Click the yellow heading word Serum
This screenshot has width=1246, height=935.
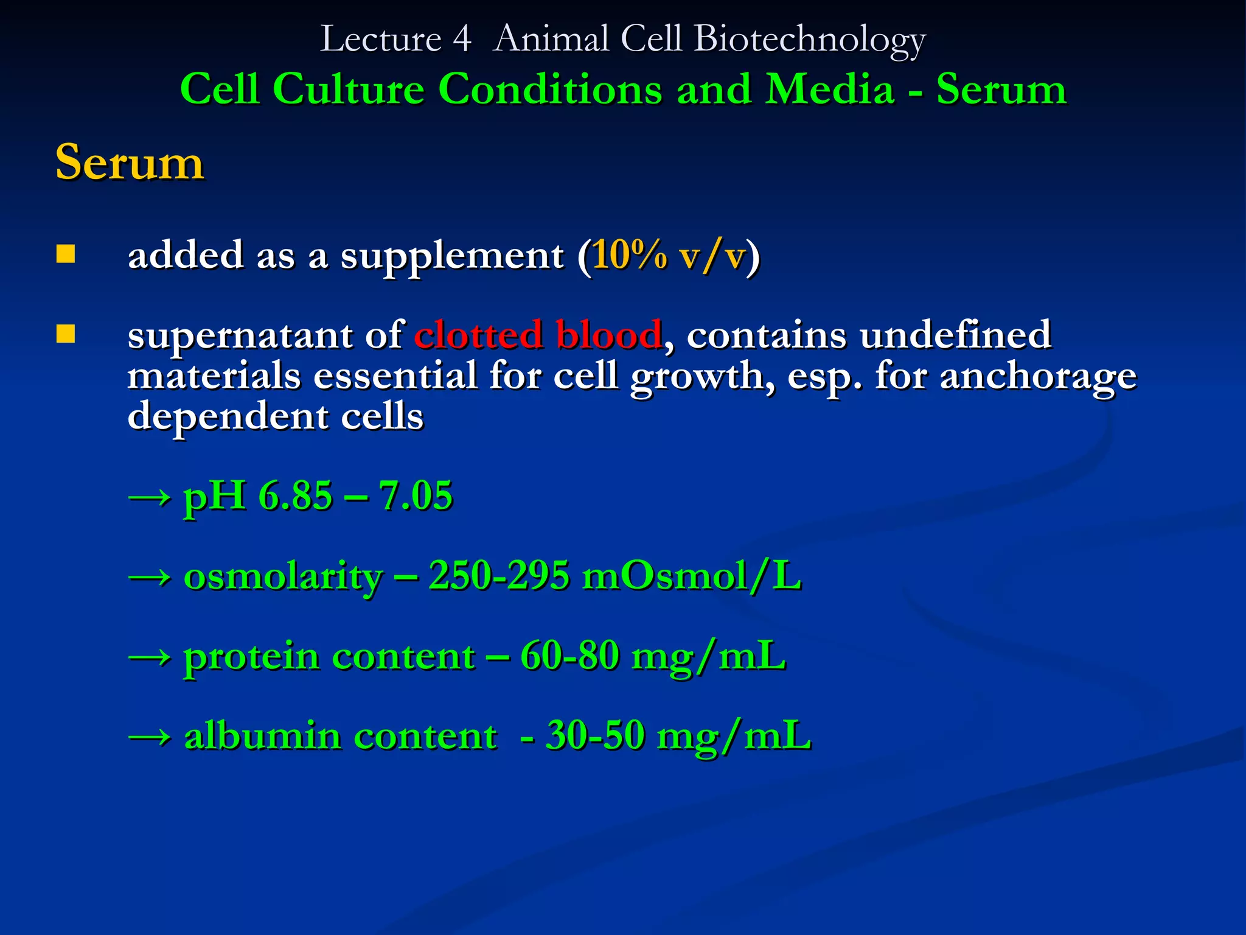tap(129, 163)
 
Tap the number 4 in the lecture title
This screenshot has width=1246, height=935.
tap(462, 39)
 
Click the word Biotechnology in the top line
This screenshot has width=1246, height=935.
tap(809, 39)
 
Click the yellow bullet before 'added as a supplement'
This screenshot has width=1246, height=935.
tap(66, 254)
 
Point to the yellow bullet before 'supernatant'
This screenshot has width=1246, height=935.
tap(66, 334)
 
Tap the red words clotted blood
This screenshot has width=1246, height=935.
tap(538, 335)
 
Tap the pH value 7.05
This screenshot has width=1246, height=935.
tap(416, 496)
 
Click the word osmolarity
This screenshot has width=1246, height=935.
tap(284, 576)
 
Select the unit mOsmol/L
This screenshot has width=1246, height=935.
tap(692, 576)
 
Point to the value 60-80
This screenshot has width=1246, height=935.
tap(569, 656)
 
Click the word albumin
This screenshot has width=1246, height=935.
tap(262, 735)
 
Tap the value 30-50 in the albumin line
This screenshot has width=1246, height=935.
tap(595, 735)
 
